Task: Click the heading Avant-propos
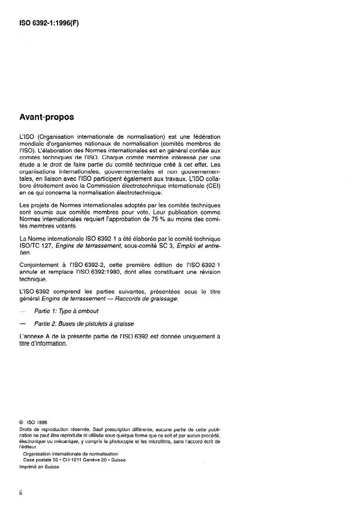[47, 117]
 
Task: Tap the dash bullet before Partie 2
[23, 323]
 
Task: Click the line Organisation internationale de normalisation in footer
[65, 453]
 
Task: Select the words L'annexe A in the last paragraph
[36, 337]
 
